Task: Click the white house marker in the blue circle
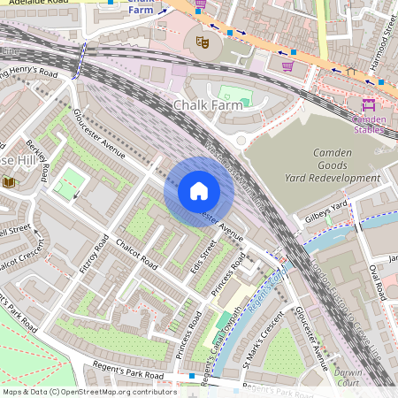pyautogui.click(x=199, y=191)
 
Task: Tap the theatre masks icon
pyautogui.click(x=202, y=40)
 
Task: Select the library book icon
pyautogui.click(x=10, y=182)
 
